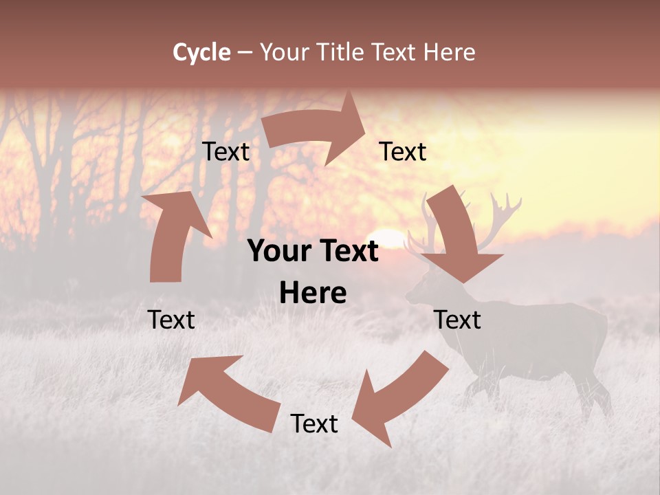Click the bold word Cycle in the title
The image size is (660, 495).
tap(201, 52)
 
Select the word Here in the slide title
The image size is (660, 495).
tap(449, 52)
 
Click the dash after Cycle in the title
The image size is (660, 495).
tap(245, 53)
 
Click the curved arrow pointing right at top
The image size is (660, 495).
tap(316, 131)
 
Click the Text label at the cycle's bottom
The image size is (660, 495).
tap(314, 423)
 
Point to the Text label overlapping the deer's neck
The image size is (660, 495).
tap(457, 320)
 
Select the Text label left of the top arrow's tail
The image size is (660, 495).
tap(225, 151)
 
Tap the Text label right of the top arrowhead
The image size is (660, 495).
tap(403, 151)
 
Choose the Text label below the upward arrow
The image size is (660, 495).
tap(171, 320)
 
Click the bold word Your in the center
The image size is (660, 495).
tap(278, 252)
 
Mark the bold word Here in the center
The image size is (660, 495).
tap(313, 294)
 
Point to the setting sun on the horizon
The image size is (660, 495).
tap(388, 237)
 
